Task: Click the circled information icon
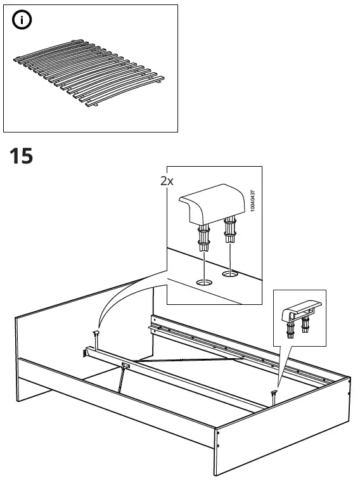pyautogui.click(x=23, y=21)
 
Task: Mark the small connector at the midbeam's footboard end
pyautogui.click(x=274, y=395)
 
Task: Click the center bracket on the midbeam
pyautogui.click(x=126, y=365)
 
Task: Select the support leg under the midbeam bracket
pyautogui.click(x=119, y=380)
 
